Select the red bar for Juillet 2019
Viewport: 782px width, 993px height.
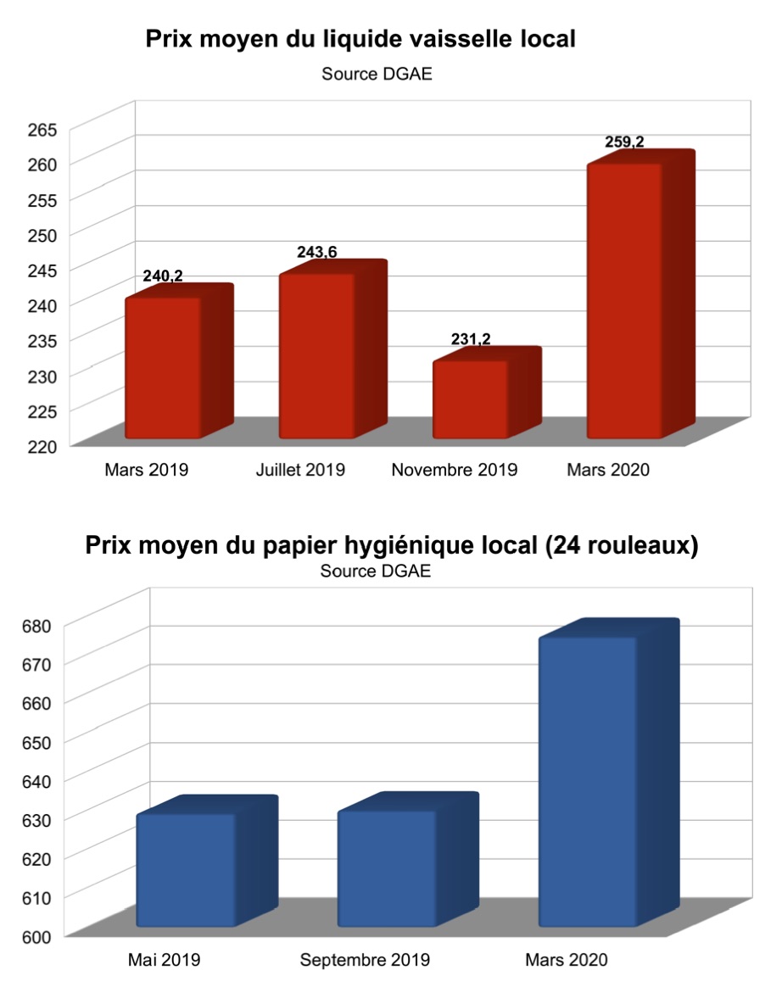(x=317, y=355)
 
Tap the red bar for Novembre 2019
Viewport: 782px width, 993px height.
(x=471, y=399)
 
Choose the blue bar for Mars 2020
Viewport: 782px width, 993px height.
(x=588, y=781)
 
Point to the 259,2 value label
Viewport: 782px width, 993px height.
(x=624, y=142)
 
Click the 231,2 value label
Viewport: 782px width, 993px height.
(x=471, y=339)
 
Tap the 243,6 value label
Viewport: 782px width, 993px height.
(x=317, y=252)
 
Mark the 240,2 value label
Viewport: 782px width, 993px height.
(x=163, y=276)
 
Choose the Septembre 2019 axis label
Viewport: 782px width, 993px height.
(x=365, y=961)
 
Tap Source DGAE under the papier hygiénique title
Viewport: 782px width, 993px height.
(x=376, y=572)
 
